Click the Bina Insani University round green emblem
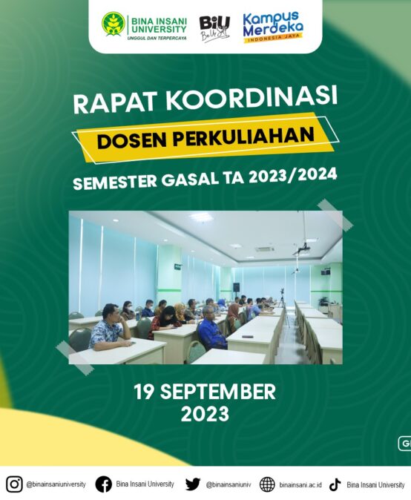click(114, 24)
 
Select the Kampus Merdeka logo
click(273, 27)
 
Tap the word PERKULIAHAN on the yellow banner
click(244, 135)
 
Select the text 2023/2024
click(293, 176)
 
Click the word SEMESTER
click(115, 182)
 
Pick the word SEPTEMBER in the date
click(218, 392)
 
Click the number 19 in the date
click(144, 392)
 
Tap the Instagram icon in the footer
click(14, 484)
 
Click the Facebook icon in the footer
click(104, 484)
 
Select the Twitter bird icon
click(193, 484)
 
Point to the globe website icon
click(267, 484)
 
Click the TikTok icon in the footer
click(335, 484)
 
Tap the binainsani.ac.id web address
click(300, 485)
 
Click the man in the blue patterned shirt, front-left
click(109, 328)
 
